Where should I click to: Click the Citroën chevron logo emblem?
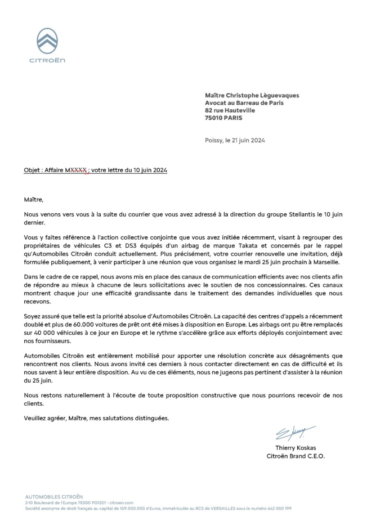pyautogui.click(x=47, y=41)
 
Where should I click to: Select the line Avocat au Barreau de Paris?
pyautogui.click(x=244, y=103)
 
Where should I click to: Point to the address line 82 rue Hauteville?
pyautogui.click(x=230, y=111)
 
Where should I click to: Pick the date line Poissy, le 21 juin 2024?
pyautogui.click(x=235, y=140)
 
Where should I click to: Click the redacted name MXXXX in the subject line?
pyautogui.click(x=77, y=169)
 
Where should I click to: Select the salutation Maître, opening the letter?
pyautogui.click(x=33, y=199)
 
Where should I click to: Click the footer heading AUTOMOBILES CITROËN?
pyautogui.click(x=53, y=497)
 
